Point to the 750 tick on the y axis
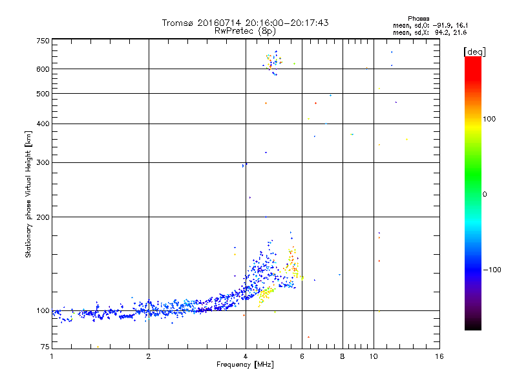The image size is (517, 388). click(x=43, y=40)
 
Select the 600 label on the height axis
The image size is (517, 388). click(x=43, y=69)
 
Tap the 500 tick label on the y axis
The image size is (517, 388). click(x=43, y=94)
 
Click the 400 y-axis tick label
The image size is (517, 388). click(x=43, y=124)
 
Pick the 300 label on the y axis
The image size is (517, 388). click(x=43, y=162)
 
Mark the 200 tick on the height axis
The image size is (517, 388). click(x=43, y=217)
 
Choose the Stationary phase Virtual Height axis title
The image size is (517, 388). click(x=28, y=194)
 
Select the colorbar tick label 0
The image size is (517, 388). click(x=484, y=194)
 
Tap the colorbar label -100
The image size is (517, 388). click(x=492, y=270)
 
